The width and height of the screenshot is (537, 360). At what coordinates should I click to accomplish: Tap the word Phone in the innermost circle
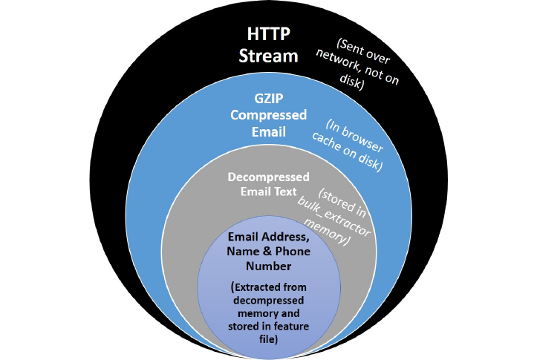pos(293,252)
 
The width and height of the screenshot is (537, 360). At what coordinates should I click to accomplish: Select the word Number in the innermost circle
pos(268,265)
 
